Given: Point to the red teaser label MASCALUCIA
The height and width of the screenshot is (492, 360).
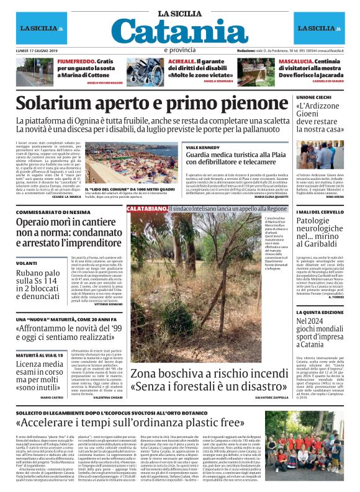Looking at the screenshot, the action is (x=295, y=61).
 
